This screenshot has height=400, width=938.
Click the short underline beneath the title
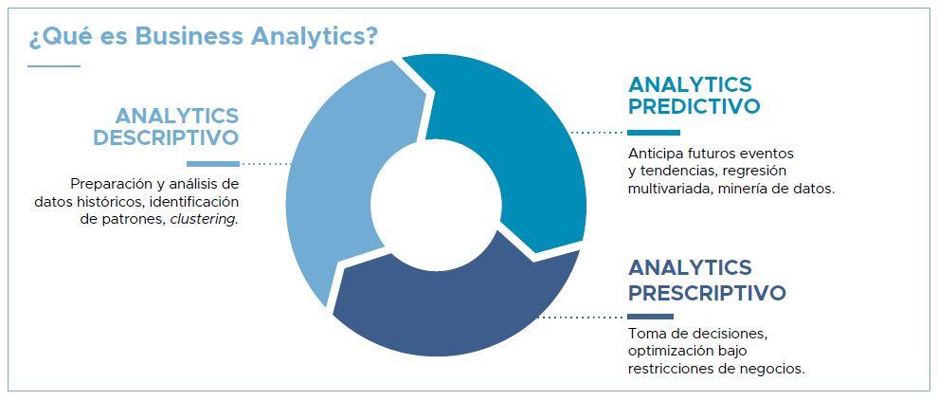pos(54,65)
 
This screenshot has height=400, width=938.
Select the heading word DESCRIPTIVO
pos(167,137)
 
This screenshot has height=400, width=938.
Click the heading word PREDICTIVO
pos(694,106)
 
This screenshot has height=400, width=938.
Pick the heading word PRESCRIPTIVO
pos(707,293)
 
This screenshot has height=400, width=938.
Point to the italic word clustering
pos(204,219)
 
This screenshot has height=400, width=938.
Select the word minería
pos(758,190)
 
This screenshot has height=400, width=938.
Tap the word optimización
pos(666,351)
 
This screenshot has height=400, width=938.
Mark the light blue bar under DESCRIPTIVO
pos(213,163)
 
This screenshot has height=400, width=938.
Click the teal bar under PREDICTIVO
pos(654,133)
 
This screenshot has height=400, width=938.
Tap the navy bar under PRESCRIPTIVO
pos(651,317)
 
